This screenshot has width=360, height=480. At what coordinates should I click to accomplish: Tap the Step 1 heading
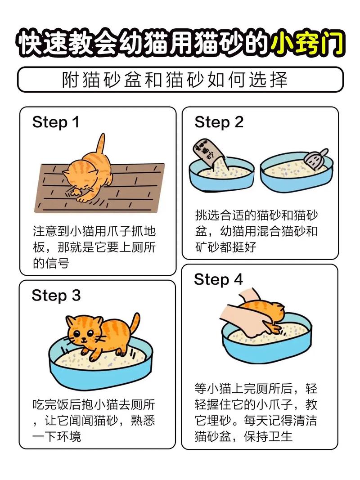(x=56, y=122)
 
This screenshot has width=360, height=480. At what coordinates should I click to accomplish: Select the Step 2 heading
(x=219, y=122)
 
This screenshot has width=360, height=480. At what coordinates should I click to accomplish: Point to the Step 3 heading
(x=56, y=296)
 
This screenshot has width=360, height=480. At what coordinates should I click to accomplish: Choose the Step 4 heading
(x=218, y=279)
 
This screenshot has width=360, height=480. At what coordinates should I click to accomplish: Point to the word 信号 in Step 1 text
(x=57, y=263)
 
